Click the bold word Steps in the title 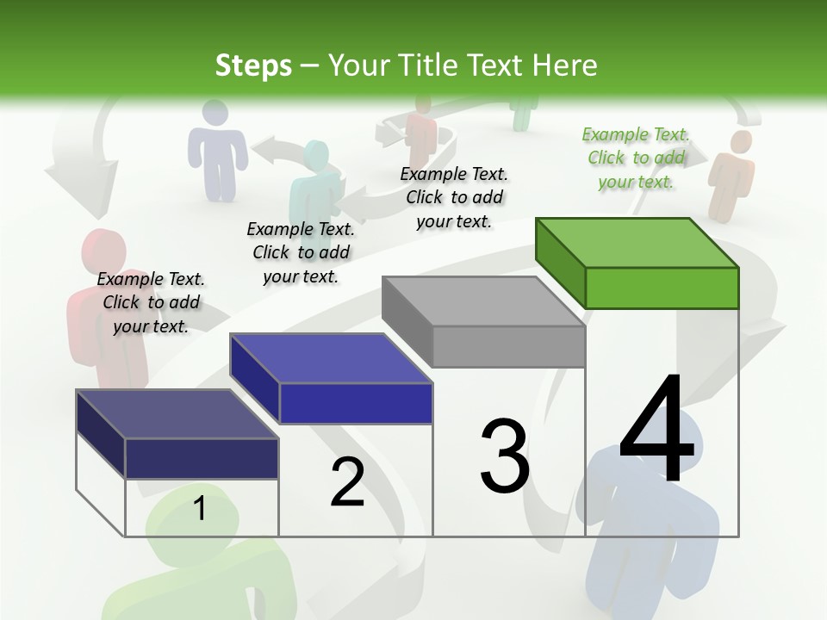coord(253,65)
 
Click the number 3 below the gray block coord(505,456)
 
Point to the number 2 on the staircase coord(347,482)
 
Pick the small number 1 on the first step coord(199,509)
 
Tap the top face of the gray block coord(482,301)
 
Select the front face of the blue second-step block coord(356,403)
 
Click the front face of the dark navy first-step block coord(202,458)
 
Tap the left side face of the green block coord(560,258)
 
